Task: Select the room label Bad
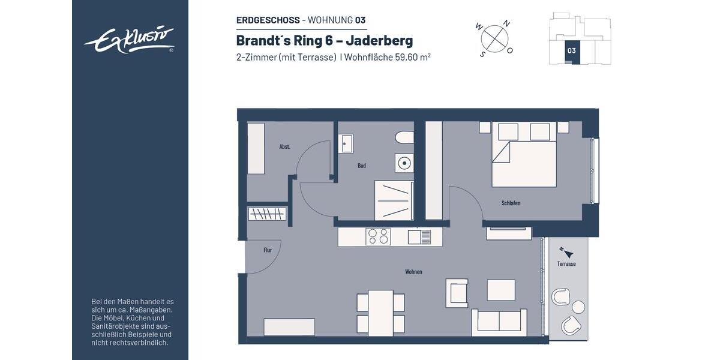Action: pos(362,166)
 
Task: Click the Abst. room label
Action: pos(285,146)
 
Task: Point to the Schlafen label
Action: pos(511,203)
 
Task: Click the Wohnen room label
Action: pos(413,272)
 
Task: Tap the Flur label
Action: pos(268,250)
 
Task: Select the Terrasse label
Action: pos(566,263)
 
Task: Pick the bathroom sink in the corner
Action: pos(346,144)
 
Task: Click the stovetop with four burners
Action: pos(378,237)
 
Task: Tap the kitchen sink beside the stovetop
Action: pos(419,237)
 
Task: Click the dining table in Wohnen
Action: pos(380,312)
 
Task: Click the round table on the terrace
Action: pos(578,307)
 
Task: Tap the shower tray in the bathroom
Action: pos(394,200)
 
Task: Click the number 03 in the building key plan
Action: pos(571,51)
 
